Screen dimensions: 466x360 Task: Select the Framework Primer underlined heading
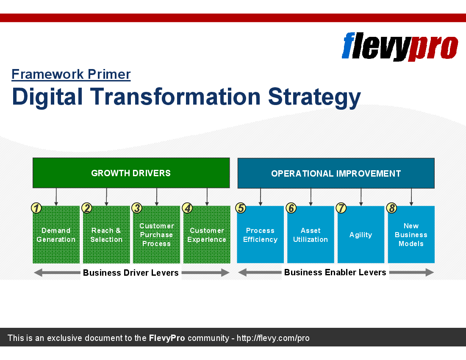[x=71, y=74]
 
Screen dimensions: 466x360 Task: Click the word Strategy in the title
[x=314, y=97]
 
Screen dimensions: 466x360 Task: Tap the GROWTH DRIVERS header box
[x=131, y=173]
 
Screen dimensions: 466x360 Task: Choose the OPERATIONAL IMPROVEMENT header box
[x=336, y=173]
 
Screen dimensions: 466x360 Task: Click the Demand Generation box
[x=56, y=235]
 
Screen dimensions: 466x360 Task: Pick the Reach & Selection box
[x=106, y=235]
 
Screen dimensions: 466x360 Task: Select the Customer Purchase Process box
[x=157, y=235]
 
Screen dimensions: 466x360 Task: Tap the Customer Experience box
[x=207, y=235]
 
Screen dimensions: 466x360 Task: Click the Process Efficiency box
[x=261, y=235]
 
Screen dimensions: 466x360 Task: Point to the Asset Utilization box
[x=311, y=235]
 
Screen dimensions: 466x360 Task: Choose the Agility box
[x=361, y=235]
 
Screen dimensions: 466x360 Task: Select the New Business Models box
[x=411, y=235]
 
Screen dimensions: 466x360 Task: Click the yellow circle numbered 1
[x=36, y=208]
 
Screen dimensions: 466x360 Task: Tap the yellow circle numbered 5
[x=241, y=208]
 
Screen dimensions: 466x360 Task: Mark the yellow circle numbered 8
[x=392, y=208]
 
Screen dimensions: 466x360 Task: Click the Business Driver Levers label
[x=131, y=273]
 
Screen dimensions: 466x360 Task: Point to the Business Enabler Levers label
[x=335, y=272]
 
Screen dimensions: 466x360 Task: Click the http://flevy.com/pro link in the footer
[x=273, y=338]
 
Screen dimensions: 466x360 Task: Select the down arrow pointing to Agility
[x=361, y=197]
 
